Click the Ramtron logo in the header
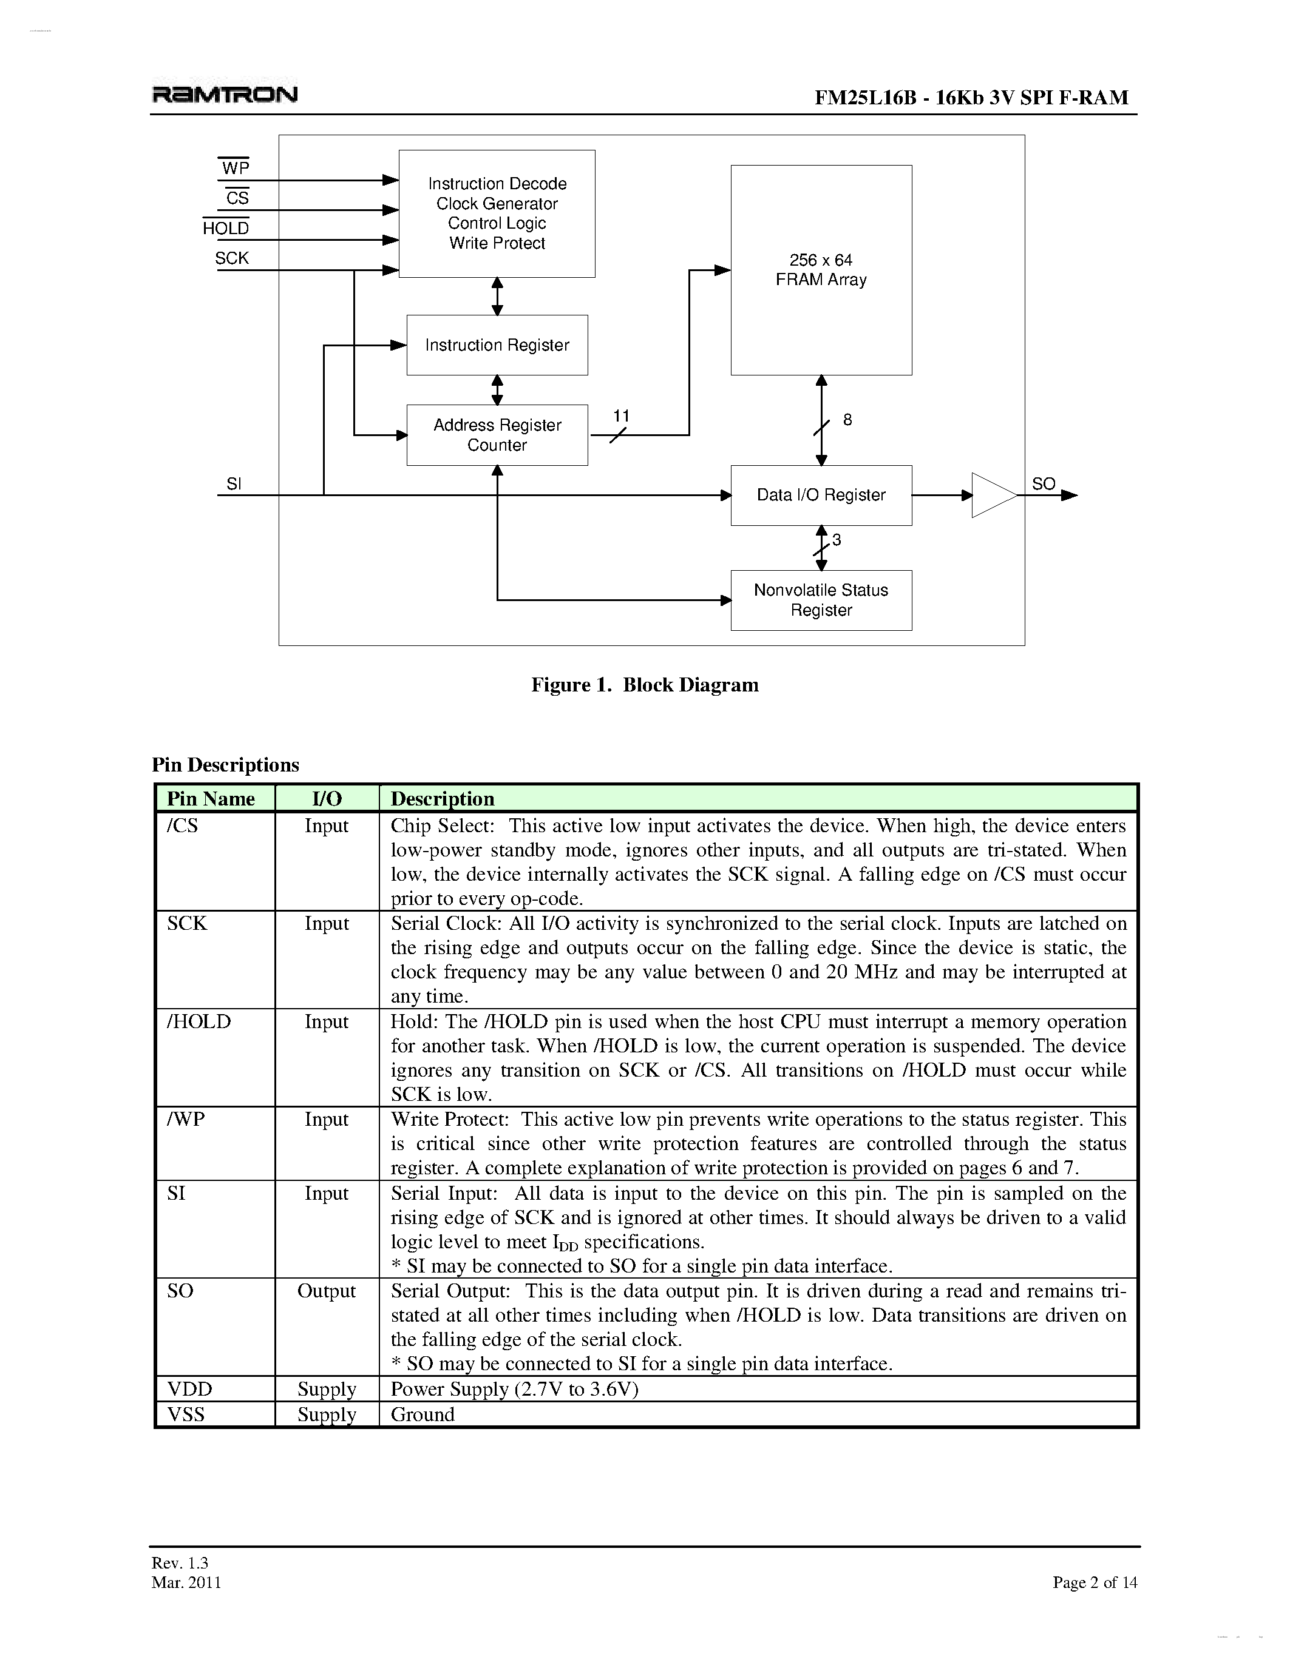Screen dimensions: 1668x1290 click(x=225, y=95)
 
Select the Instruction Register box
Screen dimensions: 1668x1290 click(x=497, y=345)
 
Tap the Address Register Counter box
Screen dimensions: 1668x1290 click(x=497, y=435)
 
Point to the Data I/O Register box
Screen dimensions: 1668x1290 click(x=821, y=496)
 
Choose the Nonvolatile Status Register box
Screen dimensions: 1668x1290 click(x=821, y=600)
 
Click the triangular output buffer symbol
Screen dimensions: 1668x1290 click(x=992, y=496)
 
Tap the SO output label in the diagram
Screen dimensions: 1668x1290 click(x=1043, y=484)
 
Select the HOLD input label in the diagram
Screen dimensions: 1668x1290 click(x=226, y=228)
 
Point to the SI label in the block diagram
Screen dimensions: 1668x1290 click(x=234, y=484)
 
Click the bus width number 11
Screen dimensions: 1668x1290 click(x=621, y=416)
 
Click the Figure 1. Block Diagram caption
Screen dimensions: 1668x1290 click(x=645, y=685)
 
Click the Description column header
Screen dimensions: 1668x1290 click(x=443, y=799)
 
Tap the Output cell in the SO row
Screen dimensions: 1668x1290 click(x=327, y=1291)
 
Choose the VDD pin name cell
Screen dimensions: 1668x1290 click(x=189, y=1389)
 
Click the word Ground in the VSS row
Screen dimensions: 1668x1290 click(x=423, y=1414)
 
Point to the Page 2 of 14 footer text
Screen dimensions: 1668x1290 click(x=1095, y=1582)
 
